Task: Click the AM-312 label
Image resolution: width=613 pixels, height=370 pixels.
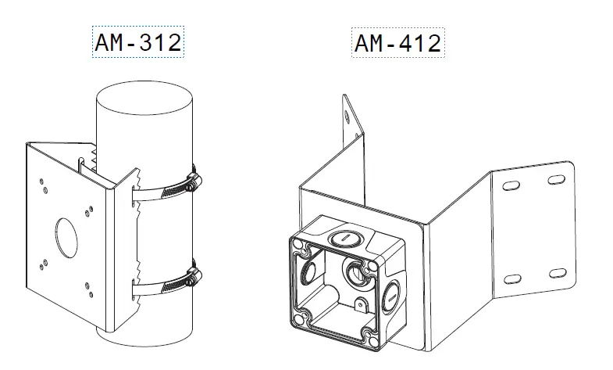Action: (137, 43)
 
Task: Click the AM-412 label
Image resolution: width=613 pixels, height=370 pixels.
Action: (397, 43)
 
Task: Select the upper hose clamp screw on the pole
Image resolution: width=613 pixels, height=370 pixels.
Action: (192, 185)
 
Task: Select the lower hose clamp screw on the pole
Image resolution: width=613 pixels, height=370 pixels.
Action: (191, 276)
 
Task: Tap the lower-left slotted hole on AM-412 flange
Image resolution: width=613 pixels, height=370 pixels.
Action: (512, 279)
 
